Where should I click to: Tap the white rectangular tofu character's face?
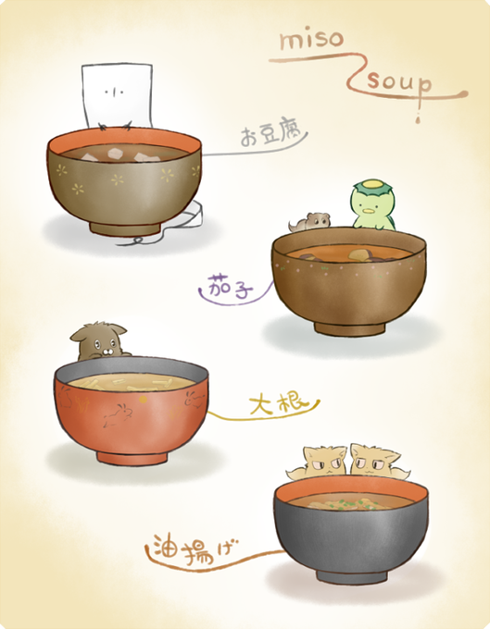coord(114,92)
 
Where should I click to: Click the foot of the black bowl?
coord(352,576)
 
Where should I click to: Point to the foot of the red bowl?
coord(132,457)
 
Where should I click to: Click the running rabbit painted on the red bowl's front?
coord(119,414)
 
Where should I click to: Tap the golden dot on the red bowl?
coord(143,400)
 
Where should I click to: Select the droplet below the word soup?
coord(418,118)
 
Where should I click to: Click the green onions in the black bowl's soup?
coord(346,504)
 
